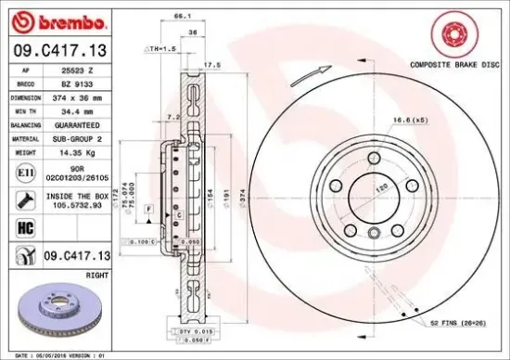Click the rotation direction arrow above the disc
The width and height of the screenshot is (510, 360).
coord(310,76)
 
